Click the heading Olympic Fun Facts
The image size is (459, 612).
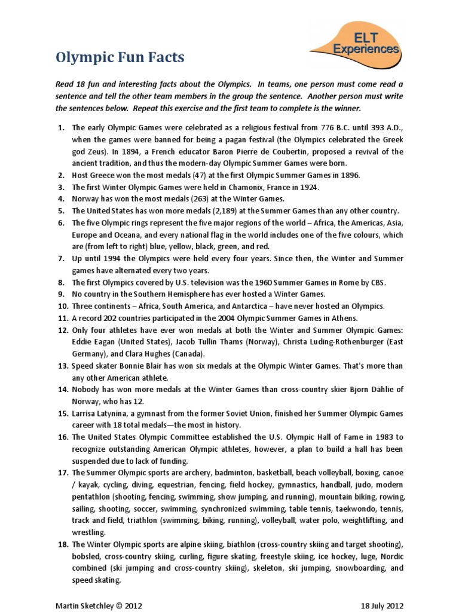pyautogui.click(x=120, y=58)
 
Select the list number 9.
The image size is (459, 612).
pyautogui.click(x=60, y=295)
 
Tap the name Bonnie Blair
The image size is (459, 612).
pyautogui.click(x=138, y=366)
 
